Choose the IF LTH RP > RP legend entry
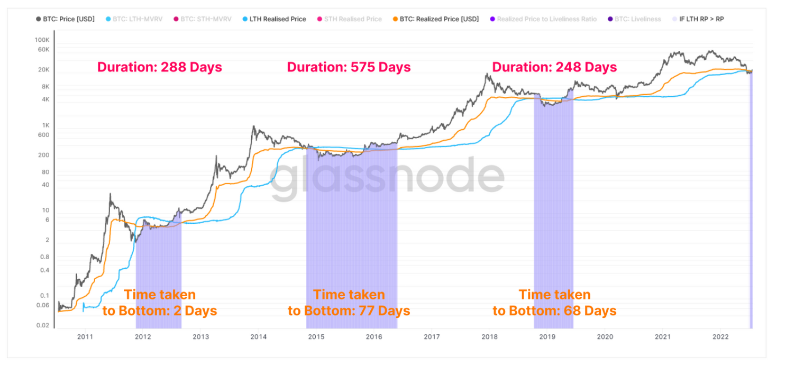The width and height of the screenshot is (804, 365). pos(701,19)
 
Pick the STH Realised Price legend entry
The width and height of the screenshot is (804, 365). pos(357,19)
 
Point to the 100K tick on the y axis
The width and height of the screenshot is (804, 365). pos(42,40)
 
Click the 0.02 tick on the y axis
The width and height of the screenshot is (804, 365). pos(43,325)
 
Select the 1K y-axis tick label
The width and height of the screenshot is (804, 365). pos(45,125)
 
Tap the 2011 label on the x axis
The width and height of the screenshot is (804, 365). pos(85,336)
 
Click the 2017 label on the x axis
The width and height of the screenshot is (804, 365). pos(432,336)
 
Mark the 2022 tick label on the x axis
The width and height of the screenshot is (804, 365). pos(721,336)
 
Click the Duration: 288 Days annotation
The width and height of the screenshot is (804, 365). pos(159,67)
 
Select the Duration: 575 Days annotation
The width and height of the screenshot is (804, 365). pos(349,67)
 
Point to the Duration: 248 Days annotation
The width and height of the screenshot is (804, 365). pos(554,67)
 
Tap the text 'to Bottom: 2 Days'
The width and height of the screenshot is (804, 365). pos(159,311)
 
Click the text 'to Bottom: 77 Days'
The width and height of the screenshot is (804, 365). pos(349,311)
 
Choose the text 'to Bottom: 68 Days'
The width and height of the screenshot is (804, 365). pos(554,311)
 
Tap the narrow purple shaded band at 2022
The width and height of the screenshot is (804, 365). pos(751,212)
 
